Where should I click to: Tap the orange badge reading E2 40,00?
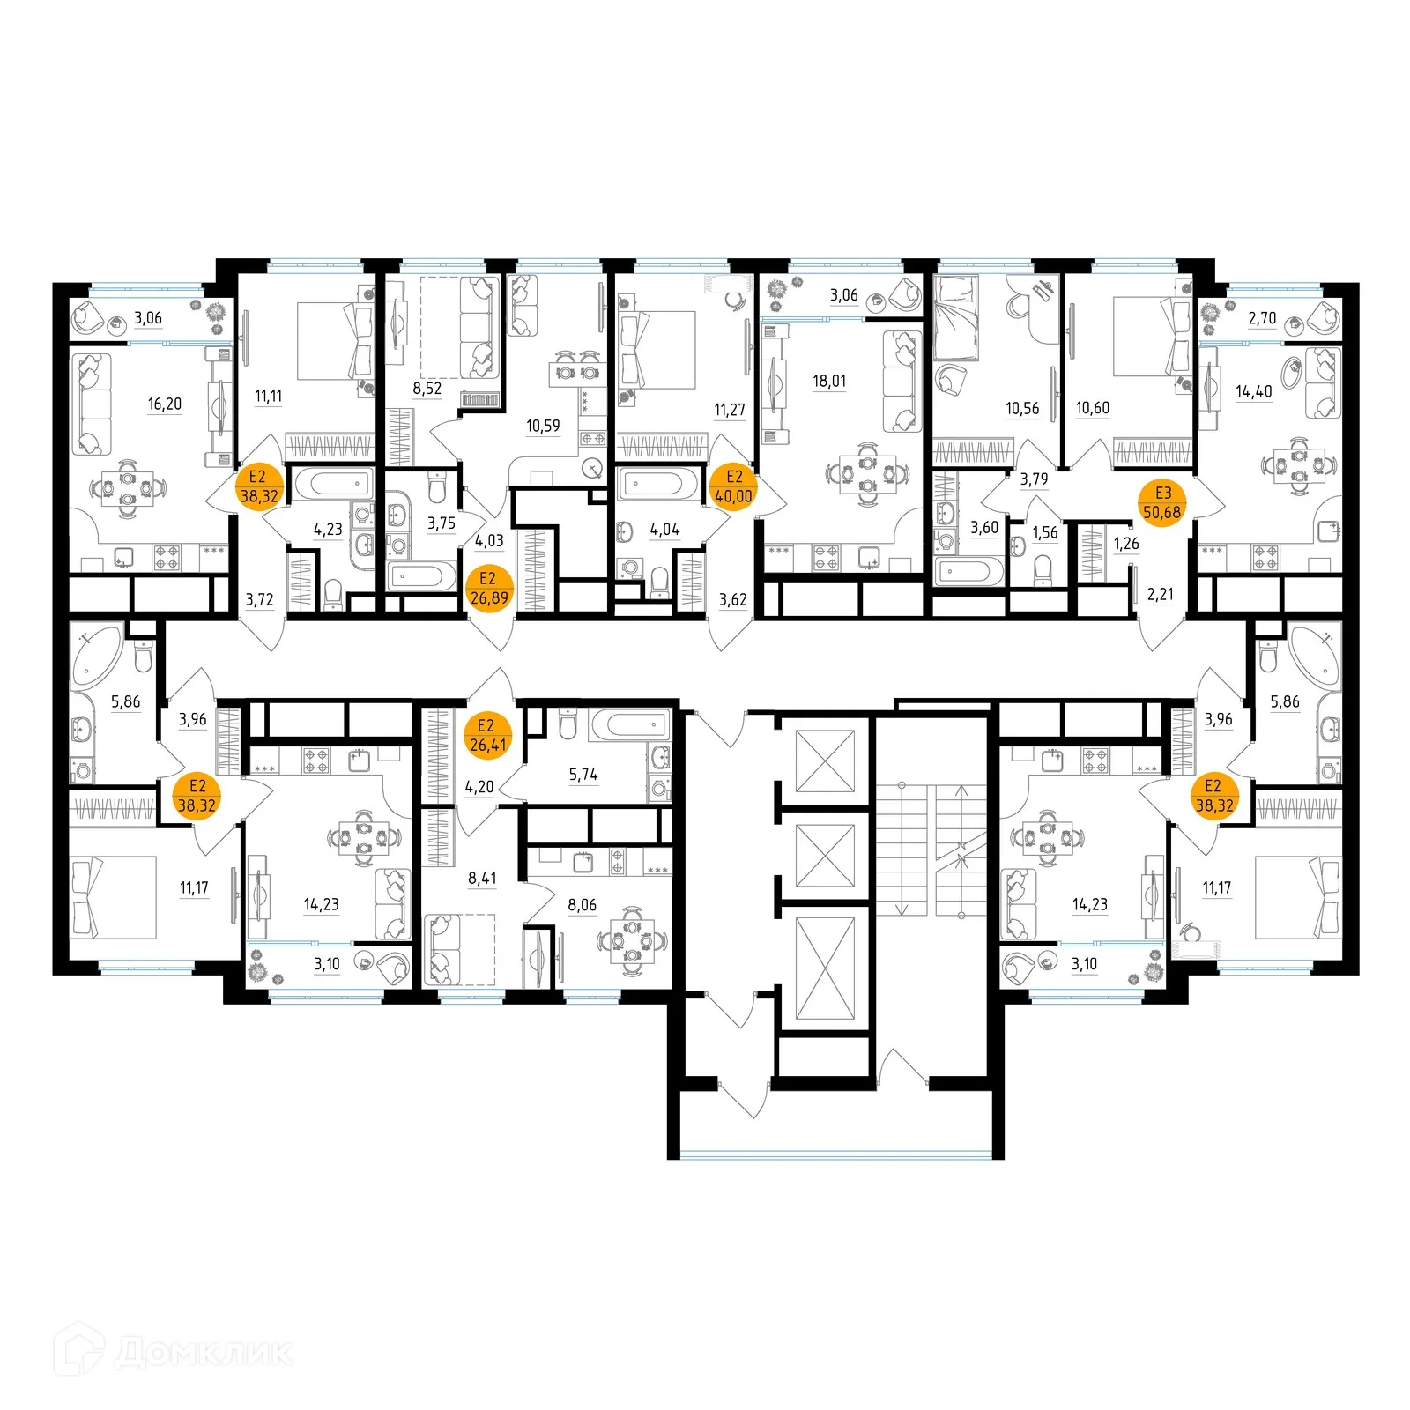(x=733, y=487)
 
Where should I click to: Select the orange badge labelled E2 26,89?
(x=488, y=589)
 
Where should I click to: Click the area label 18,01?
(x=829, y=382)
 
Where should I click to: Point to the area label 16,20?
(x=165, y=404)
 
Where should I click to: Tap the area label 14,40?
(x=1254, y=392)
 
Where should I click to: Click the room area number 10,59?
(x=543, y=427)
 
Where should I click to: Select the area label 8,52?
(x=427, y=389)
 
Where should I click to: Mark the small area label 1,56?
(x=1045, y=533)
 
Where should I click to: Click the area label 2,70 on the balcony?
(x=1262, y=318)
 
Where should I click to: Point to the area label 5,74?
(x=583, y=775)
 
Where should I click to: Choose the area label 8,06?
(x=583, y=905)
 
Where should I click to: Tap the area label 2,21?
(x=1161, y=595)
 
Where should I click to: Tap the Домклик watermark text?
(x=203, y=1352)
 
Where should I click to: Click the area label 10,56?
(x=1022, y=409)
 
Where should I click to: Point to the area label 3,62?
(x=732, y=600)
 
